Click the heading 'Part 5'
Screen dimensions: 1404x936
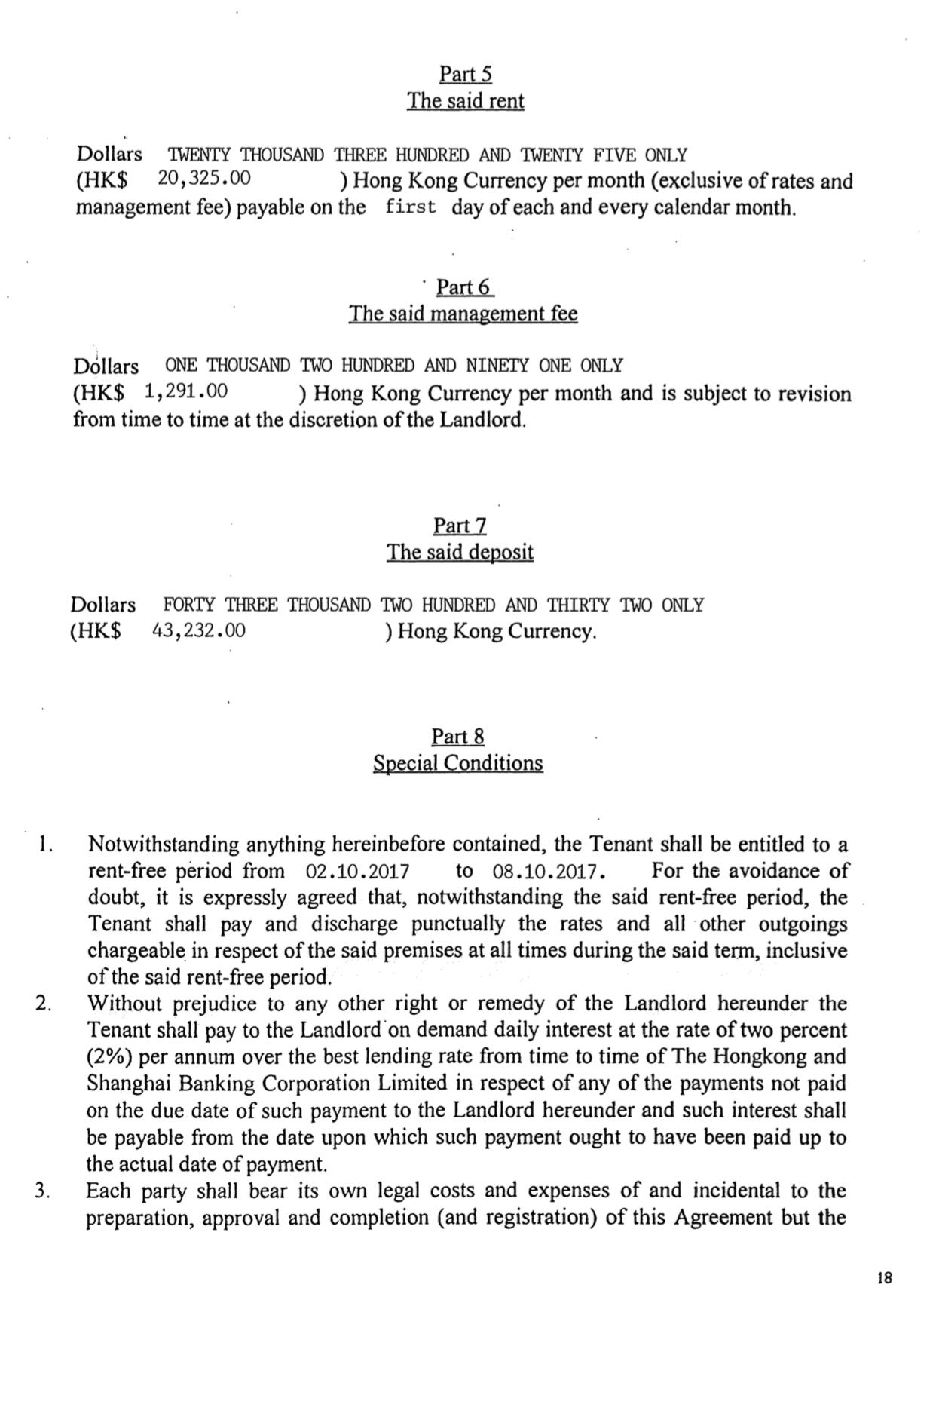coord(465,74)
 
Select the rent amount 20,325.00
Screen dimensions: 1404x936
coord(204,179)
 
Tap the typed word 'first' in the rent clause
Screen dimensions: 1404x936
coord(410,207)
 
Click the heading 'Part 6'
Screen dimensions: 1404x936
coord(464,287)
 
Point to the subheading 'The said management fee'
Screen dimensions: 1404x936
coord(463,314)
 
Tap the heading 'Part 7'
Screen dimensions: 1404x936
coord(460,526)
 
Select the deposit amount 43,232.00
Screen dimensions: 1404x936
coord(199,630)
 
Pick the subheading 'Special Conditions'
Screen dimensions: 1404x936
coord(457,763)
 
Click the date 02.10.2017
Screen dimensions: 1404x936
coord(358,872)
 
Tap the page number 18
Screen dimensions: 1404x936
coord(885,1278)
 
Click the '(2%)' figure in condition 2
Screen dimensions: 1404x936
coord(112,1056)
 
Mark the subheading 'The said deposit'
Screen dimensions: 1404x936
coord(460,552)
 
